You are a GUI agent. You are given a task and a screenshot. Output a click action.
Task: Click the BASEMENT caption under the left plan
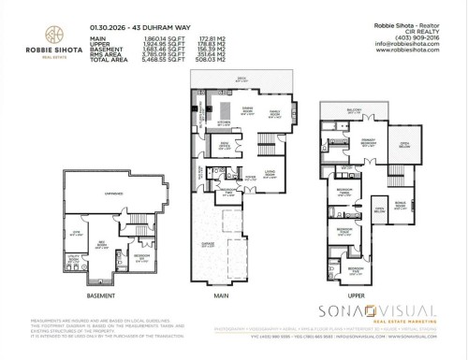pos(100,295)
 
